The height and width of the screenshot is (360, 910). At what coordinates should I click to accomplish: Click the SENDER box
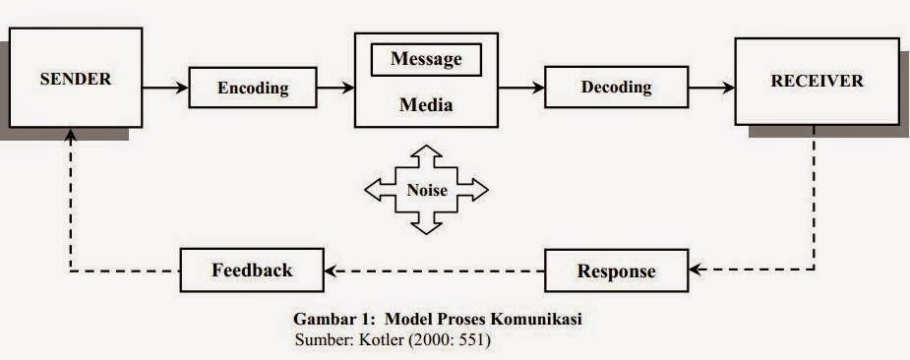coord(75,80)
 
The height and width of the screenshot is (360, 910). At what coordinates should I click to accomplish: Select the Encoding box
coord(252,88)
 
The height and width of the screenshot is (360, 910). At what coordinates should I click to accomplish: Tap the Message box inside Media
coord(425,60)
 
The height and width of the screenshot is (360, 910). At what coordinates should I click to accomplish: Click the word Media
coord(425,105)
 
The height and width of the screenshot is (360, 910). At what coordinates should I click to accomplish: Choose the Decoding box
coord(616,88)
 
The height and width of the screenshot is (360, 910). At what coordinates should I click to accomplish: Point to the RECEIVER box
coord(817,81)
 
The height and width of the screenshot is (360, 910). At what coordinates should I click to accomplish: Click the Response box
coord(615,271)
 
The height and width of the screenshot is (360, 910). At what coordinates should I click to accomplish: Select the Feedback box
coord(251,270)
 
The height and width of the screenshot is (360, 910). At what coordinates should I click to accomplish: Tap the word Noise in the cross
coord(425,191)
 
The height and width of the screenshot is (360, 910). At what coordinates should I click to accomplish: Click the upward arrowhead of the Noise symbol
coord(425,152)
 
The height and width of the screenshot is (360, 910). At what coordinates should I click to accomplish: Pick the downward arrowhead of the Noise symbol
coord(425,226)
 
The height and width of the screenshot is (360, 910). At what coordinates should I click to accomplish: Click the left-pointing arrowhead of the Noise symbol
coord(375,190)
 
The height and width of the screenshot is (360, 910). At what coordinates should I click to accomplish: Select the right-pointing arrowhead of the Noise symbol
coord(477,190)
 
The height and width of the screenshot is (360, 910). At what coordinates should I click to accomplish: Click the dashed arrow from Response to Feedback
coord(433,270)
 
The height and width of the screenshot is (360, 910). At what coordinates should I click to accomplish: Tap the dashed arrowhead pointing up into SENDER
coord(70,141)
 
